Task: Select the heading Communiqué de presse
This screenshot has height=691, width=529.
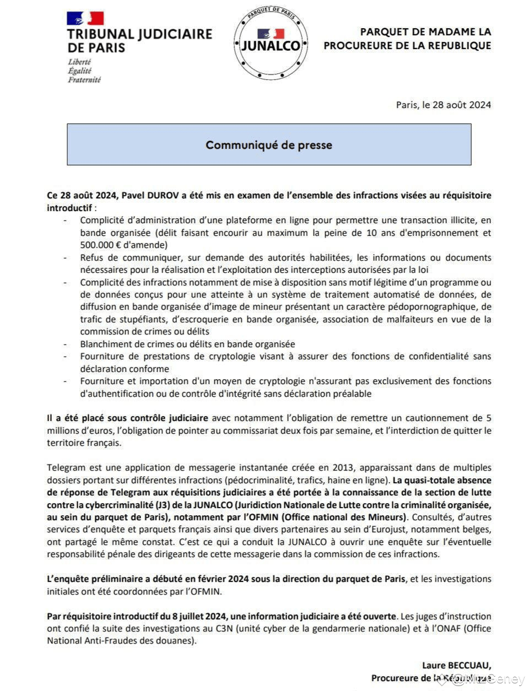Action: click(x=269, y=145)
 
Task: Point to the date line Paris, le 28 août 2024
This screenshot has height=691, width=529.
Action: click(x=443, y=105)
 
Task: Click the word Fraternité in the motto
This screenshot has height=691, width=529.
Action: click(x=84, y=79)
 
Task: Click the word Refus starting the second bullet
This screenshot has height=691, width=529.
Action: click(x=91, y=257)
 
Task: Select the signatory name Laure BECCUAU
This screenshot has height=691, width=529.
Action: click(x=456, y=666)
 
